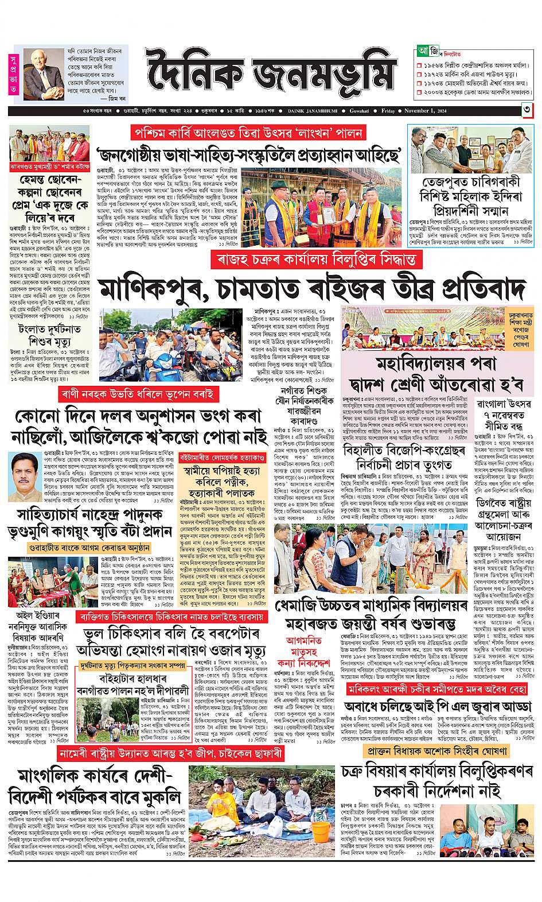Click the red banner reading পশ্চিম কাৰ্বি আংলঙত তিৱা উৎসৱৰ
tap(247, 133)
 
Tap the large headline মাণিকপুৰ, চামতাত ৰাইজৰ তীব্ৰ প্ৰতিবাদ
tap(313, 289)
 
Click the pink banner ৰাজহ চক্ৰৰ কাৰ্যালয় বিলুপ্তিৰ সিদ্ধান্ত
tap(313, 260)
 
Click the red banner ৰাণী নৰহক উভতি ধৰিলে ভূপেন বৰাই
tap(138, 394)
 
